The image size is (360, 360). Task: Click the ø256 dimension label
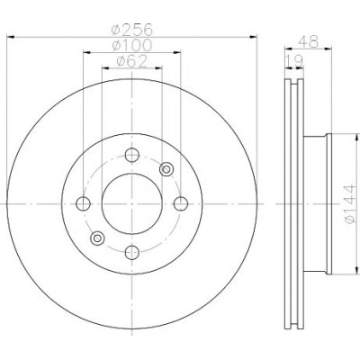132,30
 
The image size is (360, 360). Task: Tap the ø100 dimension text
132,45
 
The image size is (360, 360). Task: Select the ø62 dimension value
132,61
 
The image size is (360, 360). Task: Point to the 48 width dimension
308,41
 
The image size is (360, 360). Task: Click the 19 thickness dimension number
294,61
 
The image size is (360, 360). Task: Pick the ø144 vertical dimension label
350,204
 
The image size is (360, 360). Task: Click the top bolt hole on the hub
132,155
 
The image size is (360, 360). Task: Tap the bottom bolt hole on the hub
132,252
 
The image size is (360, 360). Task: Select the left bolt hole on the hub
83,204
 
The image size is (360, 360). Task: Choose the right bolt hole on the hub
181,204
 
